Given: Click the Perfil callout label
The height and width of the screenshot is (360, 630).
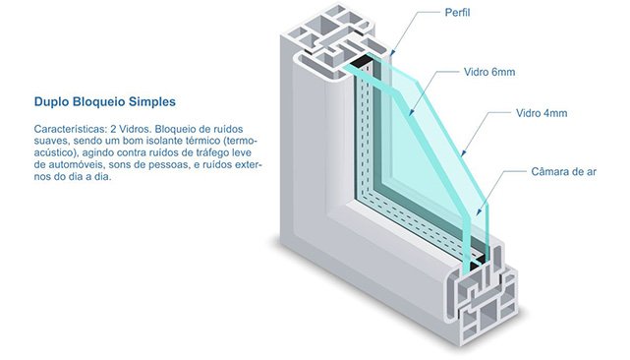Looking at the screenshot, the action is point(457,13).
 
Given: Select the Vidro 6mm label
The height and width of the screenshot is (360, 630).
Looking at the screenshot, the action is point(489,72).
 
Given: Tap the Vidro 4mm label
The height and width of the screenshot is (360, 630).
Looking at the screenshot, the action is point(542,113).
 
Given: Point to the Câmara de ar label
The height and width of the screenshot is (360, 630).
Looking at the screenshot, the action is point(563,172).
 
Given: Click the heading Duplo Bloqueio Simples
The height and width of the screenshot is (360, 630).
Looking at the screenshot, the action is point(105,101).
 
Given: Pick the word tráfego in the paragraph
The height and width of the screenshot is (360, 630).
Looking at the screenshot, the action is point(212,152).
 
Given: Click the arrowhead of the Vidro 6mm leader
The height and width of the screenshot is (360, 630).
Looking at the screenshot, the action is point(411,113).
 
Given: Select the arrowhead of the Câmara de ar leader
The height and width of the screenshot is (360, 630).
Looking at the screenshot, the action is point(479,212).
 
